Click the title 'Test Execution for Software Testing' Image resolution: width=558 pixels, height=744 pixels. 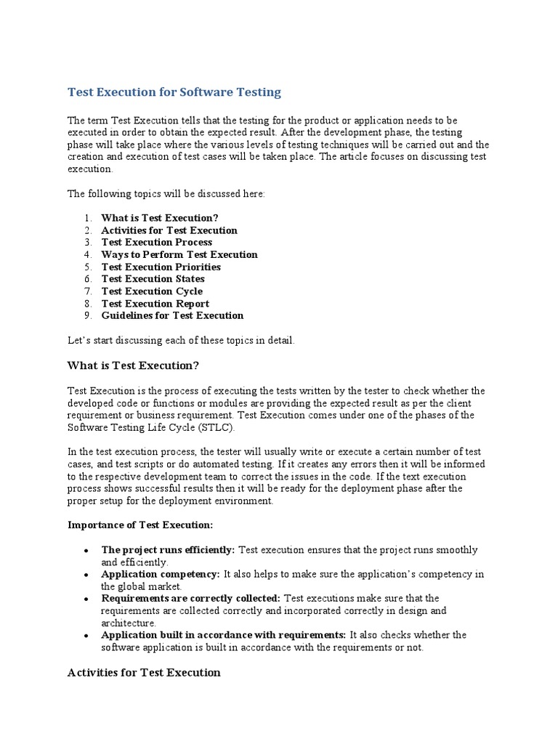pyautogui.click(x=174, y=92)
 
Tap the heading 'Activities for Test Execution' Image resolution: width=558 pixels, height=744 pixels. pyautogui.click(x=144, y=672)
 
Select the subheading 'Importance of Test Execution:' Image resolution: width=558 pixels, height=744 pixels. pyautogui.click(x=140, y=525)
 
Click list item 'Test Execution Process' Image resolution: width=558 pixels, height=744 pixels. pyautogui.click(x=157, y=242)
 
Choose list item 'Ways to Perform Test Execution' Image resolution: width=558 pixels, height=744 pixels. pyautogui.click(x=179, y=254)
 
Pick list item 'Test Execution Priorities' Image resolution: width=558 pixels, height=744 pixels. pyautogui.click(x=161, y=267)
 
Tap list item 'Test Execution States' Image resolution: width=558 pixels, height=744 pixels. pyautogui.click(x=153, y=279)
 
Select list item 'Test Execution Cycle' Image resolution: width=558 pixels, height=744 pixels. pyautogui.click(x=152, y=291)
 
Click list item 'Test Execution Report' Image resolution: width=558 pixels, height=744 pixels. pyautogui.click(x=155, y=304)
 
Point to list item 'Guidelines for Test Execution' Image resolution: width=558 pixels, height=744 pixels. pyautogui.click(x=172, y=315)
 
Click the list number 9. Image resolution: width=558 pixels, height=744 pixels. pyautogui.click(x=86, y=315)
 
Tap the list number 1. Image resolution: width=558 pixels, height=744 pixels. pyautogui.click(x=86, y=218)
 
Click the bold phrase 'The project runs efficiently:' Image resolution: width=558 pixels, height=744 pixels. pyautogui.click(x=168, y=550)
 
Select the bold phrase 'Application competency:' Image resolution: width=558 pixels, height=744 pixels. pyautogui.click(x=161, y=574)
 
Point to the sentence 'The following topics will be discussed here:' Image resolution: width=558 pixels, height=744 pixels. pyautogui.click(x=166, y=194)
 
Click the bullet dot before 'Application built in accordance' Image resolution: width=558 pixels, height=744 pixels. pyautogui.click(x=86, y=636)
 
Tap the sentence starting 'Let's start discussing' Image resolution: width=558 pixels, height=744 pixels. pyautogui.click(x=181, y=340)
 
